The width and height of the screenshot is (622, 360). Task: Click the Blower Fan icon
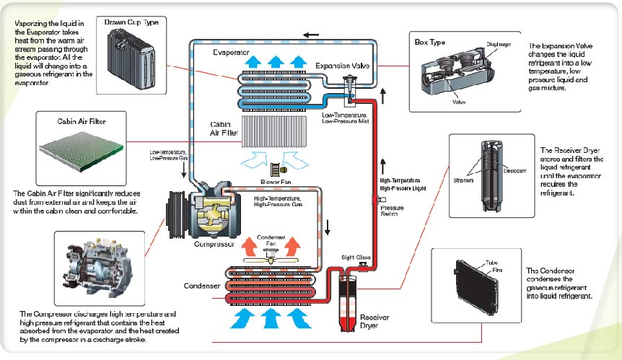275,170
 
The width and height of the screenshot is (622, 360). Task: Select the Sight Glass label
356,257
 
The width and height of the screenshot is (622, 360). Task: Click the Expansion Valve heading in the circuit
342,66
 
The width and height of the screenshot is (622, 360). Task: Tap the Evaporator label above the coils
232,53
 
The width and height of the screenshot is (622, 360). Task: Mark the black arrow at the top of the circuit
312,34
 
